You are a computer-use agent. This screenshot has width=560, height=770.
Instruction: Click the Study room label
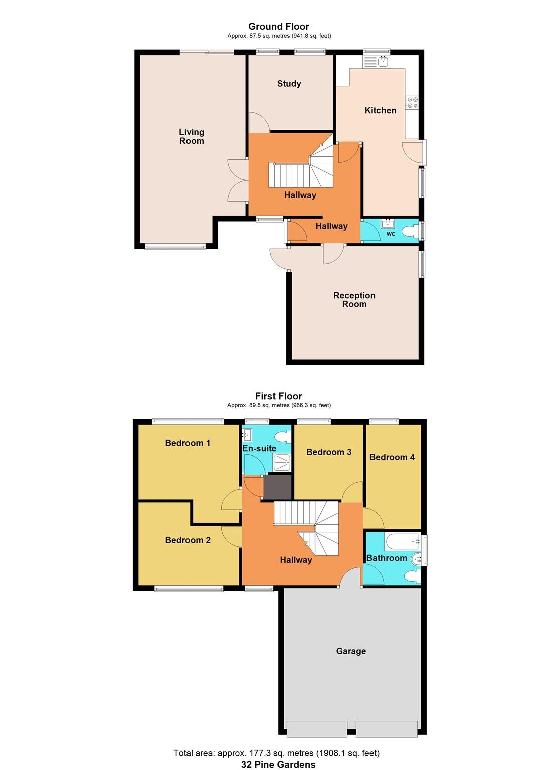pyautogui.click(x=289, y=84)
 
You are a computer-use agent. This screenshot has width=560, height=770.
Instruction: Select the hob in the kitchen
pyautogui.click(x=412, y=103)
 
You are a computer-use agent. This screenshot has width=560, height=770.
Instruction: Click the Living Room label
pyautogui.click(x=192, y=136)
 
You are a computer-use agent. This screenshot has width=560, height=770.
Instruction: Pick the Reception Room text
pyautogui.click(x=354, y=300)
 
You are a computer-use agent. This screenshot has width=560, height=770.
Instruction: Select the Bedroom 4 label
pyautogui.click(x=392, y=457)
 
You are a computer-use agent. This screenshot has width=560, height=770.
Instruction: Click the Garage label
pyautogui.click(x=351, y=651)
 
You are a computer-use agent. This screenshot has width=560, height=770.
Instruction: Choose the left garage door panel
pyautogui.click(x=316, y=729)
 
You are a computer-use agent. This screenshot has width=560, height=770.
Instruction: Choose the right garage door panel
pyautogui.click(x=387, y=729)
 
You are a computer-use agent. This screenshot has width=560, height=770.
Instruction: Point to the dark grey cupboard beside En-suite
pyautogui.click(x=277, y=487)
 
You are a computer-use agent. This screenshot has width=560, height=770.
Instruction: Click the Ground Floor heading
pyautogui.click(x=279, y=27)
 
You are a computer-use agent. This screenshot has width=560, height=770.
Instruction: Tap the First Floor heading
pyautogui.click(x=279, y=396)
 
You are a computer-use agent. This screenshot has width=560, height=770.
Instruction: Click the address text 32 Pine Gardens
pyautogui.click(x=278, y=764)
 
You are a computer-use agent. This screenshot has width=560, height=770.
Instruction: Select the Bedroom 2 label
pyautogui.click(x=188, y=540)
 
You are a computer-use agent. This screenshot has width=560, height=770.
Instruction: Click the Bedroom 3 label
pyautogui.click(x=329, y=452)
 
